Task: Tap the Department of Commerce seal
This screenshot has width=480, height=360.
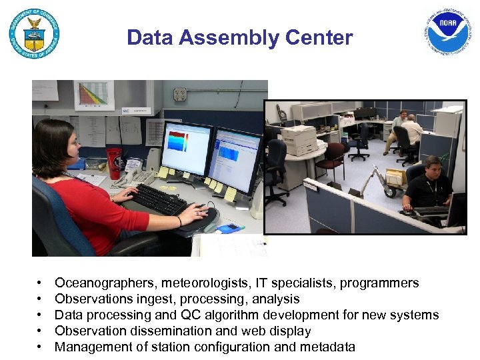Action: click(33, 33)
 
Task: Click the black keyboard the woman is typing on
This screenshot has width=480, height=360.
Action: click(157, 199)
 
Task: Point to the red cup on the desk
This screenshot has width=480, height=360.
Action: click(114, 163)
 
